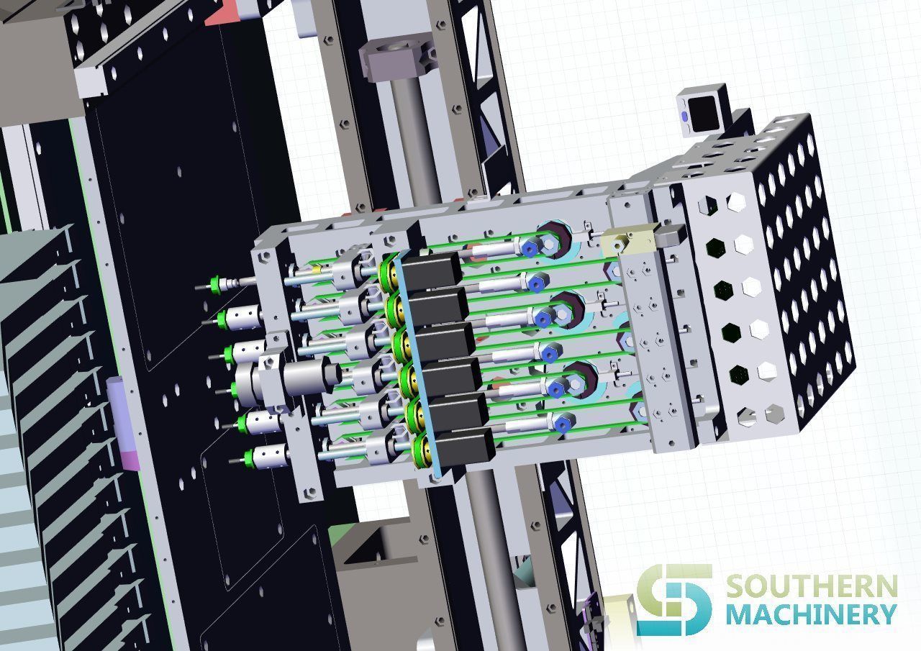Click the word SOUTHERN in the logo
click(x=810, y=586)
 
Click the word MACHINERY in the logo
click(x=810, y=615)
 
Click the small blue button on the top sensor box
click(x=684, y=115)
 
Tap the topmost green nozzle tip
click(x=214, y=283)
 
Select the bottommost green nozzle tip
click(x=250, y=455)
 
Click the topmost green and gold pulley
click(x=390, y=270)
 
